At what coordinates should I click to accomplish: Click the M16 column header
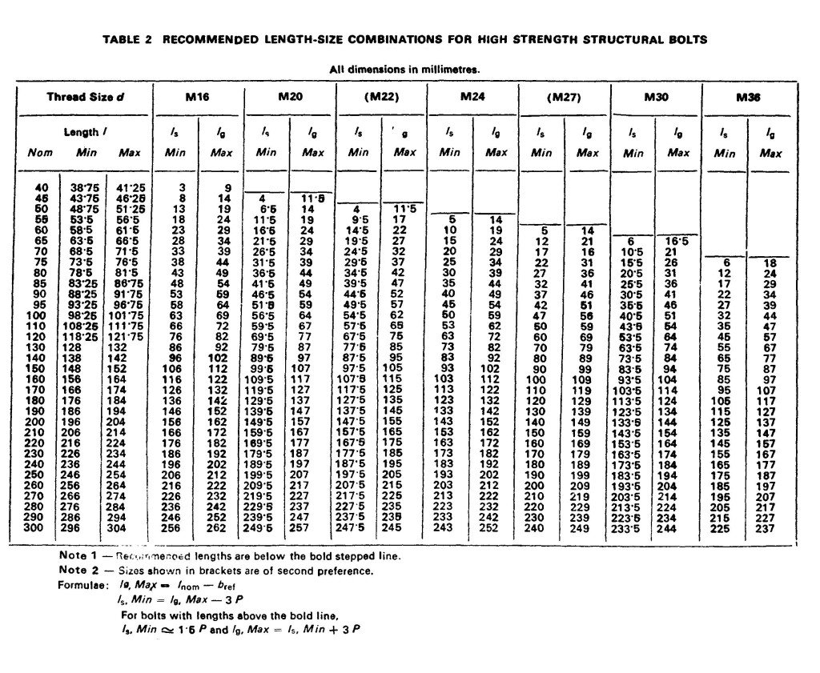click(x=198, y=97)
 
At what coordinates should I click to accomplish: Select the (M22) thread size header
click(x=380, y=97)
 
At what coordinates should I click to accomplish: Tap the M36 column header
click(x=749, y=97)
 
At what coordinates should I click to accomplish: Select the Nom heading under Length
click(x=40, y=152)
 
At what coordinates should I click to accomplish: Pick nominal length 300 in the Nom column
click(x=40, y=528)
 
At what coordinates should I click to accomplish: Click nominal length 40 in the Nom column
click(x=42, y=188)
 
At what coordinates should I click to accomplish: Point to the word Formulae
click(x=82, y=586)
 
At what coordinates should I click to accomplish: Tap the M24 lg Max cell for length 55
click(x=496, y=219)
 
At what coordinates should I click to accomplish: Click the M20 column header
click(x=289, y=97)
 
